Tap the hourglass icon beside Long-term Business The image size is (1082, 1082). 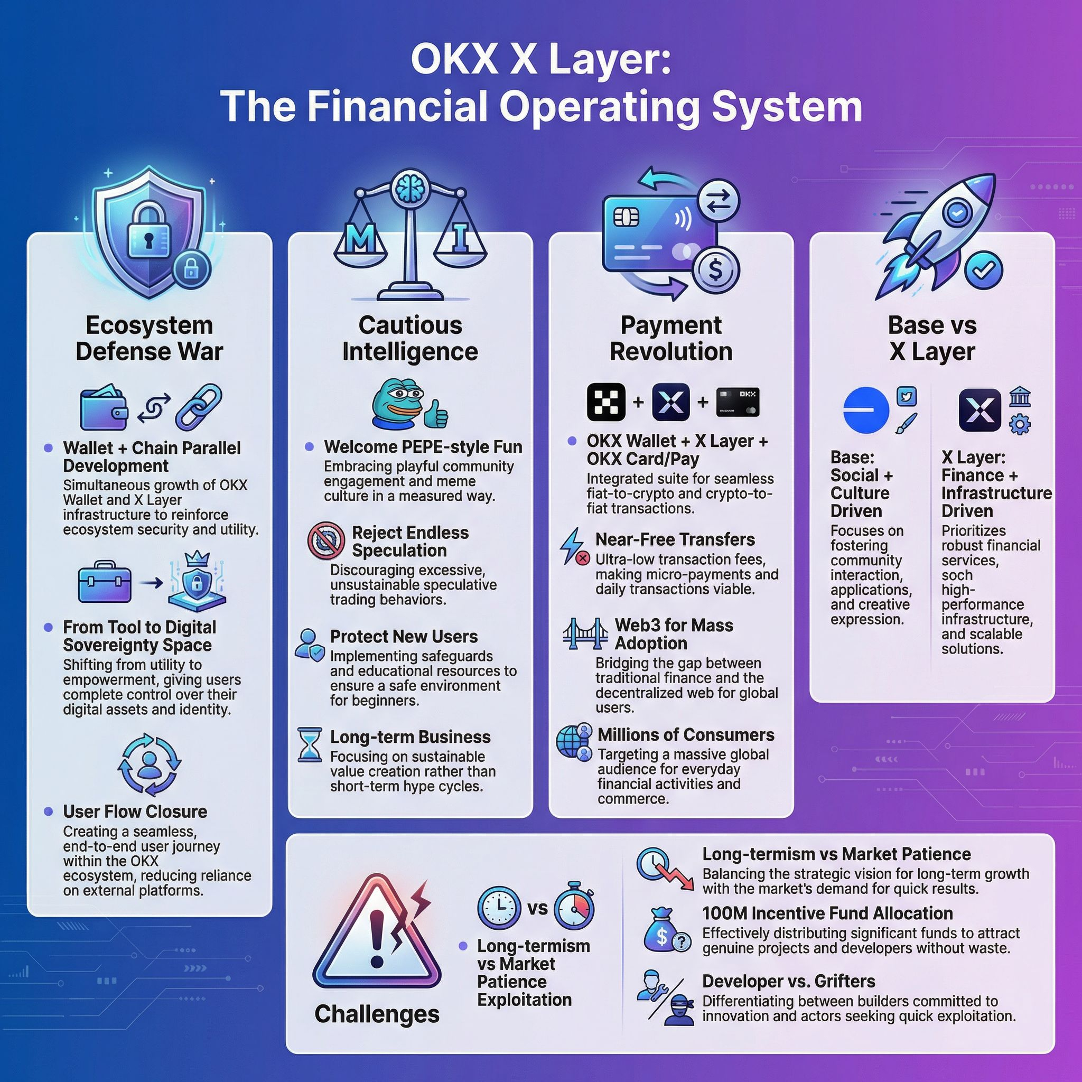[x=309, y=744]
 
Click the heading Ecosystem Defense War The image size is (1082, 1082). [x=149, y=338]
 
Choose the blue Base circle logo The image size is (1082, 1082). [x=865, y=410]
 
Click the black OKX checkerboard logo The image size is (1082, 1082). [x=606, y=402]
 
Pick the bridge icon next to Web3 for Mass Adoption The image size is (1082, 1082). [x=585, y=633]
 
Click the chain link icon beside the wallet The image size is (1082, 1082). [x=199, y=406]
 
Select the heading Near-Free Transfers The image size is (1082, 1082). [x=675, y=539]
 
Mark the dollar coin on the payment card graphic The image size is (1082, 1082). [x=715, y=270]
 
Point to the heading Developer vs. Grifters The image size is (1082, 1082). [x=789, y=981]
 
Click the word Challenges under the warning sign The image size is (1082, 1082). [x=377, y=1014]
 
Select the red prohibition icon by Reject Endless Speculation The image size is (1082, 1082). [x=326, y=540]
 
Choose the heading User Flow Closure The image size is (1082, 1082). [x=135, y=811]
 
